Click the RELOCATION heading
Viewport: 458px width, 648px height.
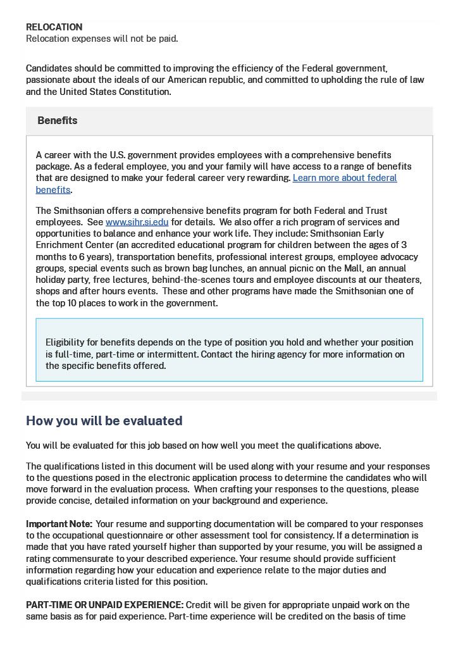coord(54,27)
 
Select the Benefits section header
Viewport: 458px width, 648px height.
coord(57,120)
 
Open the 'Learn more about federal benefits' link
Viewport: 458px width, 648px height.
coord(345,178)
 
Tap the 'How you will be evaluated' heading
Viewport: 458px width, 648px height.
coord(104,421)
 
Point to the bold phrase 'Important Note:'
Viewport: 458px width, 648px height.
coord(59,524)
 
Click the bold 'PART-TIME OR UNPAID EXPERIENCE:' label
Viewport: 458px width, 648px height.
coord(104,605)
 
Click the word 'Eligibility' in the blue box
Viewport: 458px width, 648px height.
coord(65,342)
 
